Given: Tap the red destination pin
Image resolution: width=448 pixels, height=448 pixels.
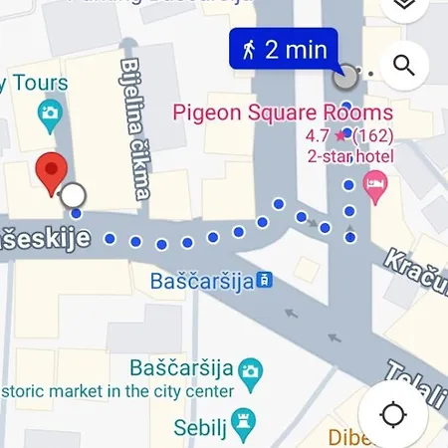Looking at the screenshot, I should pos(52,172).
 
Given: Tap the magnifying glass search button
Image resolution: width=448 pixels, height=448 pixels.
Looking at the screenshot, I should pos(403,67).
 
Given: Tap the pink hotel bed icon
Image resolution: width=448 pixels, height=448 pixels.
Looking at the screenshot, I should pos(375,186).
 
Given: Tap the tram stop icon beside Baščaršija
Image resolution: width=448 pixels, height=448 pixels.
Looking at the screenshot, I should pos(264,281).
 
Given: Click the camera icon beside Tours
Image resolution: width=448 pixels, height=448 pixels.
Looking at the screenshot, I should pos(47,115).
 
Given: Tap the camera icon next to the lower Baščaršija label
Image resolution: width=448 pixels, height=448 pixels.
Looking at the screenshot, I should pos(252,369).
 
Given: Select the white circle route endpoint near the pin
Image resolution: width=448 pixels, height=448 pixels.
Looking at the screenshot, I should pos(73,194).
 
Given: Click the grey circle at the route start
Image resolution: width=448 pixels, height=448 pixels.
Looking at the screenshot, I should pos(345,78).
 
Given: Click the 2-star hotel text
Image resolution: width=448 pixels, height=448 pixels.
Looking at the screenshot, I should pos(350,156).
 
